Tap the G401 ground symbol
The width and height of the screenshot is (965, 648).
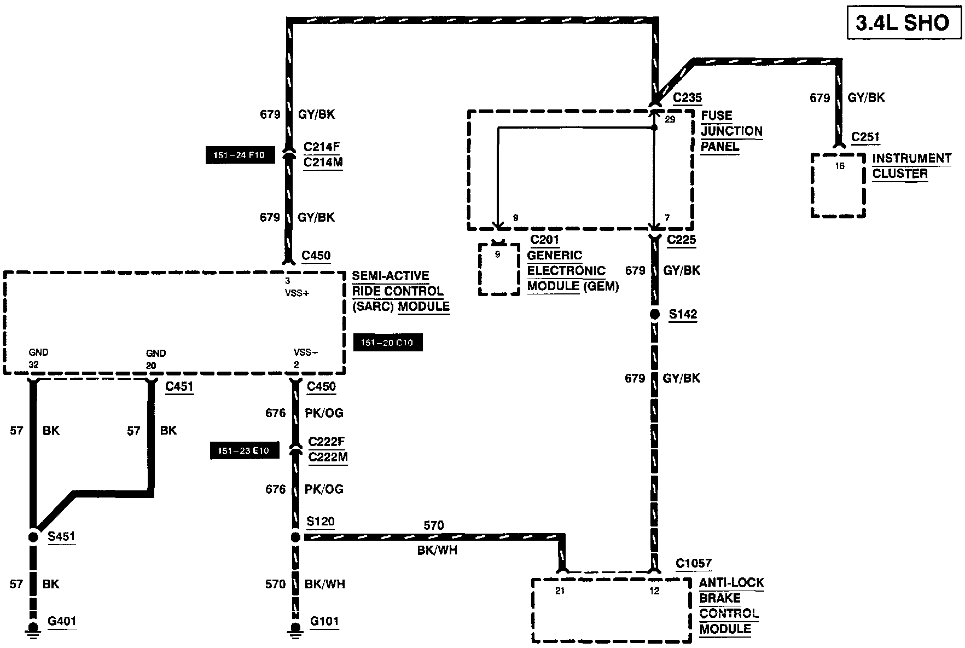pyautogui.click(x=33, y=629)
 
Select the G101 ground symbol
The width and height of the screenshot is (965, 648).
pyautogui.click(x=295, y=629)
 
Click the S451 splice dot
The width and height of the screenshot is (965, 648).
pyautogui.click(x=33, y=536)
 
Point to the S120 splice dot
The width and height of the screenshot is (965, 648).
pyautogui.click(x=295, y=537)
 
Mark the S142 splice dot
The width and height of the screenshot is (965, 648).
pyautogui.click(x=654, y=315)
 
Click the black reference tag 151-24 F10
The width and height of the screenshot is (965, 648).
pyautogui.click(x=239, y=155)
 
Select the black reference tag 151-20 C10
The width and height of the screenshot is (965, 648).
pyautogui.click(x=387, y=343)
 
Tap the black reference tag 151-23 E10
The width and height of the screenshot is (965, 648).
pyautogui.click(x=244, y=451)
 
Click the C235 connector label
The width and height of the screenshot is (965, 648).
pyautogui.click(x=687, y=98)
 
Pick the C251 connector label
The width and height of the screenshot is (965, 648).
pyautogui.click(x=865, y=137)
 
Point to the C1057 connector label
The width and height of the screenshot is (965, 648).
pyautogui.click(x=694, y=564)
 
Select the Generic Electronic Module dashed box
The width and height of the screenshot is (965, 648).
pyautogui.click(x=498, y=269)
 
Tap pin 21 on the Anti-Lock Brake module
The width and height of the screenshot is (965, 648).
pyautogui.click(x=559, y=591)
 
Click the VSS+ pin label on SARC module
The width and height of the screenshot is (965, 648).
pyautogui.click(x=297, y=293)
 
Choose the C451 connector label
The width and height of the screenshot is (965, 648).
pyautogui.click(x=179, y=387)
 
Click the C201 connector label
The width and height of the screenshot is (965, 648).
pyautogui.click(x=544, y=240)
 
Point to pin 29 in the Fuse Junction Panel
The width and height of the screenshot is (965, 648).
pyautogui.click(x=670, y=119)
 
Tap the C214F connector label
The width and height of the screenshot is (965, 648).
pyautogui.click(x=322, y=147)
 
